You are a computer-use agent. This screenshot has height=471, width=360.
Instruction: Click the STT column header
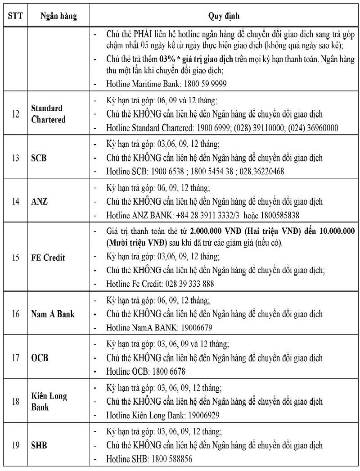(14, 16)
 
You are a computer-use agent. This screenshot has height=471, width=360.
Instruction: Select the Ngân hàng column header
(58, 16)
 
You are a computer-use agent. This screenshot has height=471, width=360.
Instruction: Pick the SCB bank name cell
(39, 158)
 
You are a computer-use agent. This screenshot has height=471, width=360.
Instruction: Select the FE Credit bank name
(48, 258)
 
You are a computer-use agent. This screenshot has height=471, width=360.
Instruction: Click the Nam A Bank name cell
(53, 314)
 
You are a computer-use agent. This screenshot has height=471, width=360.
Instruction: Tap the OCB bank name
(40, 358)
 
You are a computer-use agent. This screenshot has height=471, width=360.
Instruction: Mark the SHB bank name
(39, 445)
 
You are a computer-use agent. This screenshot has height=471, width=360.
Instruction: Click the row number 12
(15, 114)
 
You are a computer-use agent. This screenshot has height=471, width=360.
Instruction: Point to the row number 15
(15, 258)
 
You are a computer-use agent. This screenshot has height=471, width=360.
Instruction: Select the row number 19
(15, 445)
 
